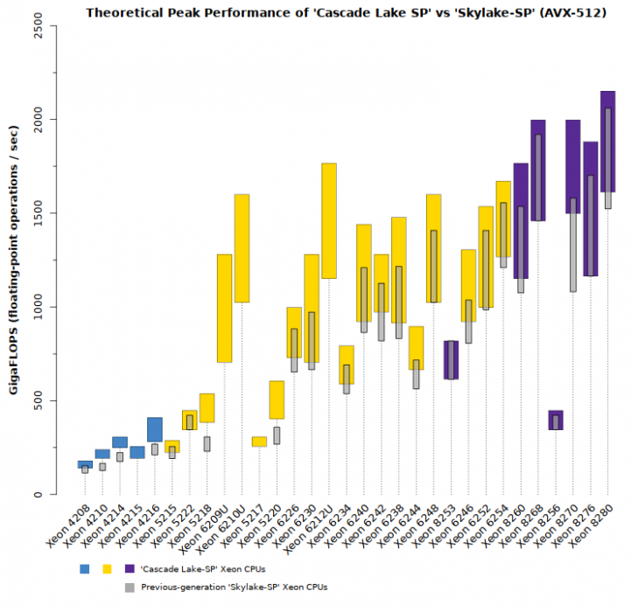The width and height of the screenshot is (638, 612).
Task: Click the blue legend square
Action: click(x=84, y=569)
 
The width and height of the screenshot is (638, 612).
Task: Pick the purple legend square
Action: click(x=130, y=569)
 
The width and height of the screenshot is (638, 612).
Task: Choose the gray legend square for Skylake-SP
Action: click(x=130, y=588)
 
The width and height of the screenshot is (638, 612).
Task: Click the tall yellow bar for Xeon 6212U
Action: click(x=329, y=220)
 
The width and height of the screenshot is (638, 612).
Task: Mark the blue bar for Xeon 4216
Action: click(x=154, y=428)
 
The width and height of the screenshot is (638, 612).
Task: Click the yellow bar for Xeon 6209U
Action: click(x=224, y=308)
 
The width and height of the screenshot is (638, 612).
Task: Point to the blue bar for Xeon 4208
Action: click(x=85, y=463)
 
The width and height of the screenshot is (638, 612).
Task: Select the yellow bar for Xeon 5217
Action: click(x=259, y=442)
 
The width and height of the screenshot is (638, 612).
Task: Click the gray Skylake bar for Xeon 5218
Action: click(x=207, y=443)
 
